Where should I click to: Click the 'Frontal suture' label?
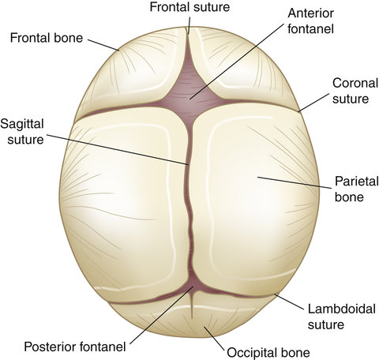point(189,7)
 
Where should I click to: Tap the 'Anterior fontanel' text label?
point(310,21)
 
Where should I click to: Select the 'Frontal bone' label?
point(47,38)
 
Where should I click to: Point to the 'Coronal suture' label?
point(355,91)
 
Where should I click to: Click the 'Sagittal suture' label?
point(22,132)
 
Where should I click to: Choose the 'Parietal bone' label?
point(356,189)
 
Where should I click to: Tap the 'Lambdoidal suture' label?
point(342,317)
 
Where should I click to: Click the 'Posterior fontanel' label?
point(75,347)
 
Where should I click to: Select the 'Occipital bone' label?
point(268,353)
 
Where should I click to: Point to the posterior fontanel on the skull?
point(193,286)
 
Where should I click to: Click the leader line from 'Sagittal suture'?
point(118,150)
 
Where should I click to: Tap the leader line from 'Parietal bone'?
point(294,182)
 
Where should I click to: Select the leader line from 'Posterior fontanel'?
point(162,315)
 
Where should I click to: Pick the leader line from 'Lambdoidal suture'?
point(289,302)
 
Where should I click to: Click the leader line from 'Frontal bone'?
point(103,45)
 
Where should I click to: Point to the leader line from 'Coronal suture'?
point(313,103)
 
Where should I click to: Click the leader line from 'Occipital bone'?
point(214,339)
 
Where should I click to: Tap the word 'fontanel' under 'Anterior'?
point(310,28)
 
